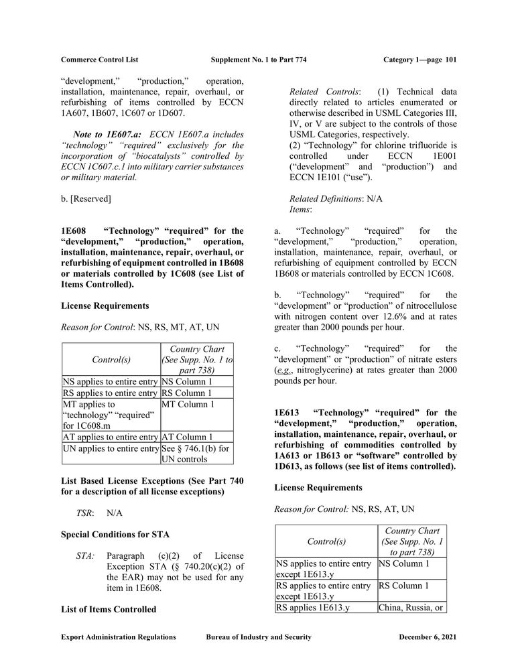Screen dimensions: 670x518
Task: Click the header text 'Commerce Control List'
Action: coord(99,60)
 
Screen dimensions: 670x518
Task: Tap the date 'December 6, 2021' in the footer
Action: coord(428,637)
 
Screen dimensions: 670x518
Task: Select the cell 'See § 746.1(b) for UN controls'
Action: coord(197,454)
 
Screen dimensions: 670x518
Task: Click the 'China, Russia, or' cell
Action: coord(411,608)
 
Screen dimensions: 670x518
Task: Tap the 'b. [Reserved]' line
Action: coord(86,198)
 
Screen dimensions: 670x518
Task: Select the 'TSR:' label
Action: coord(84,513)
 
